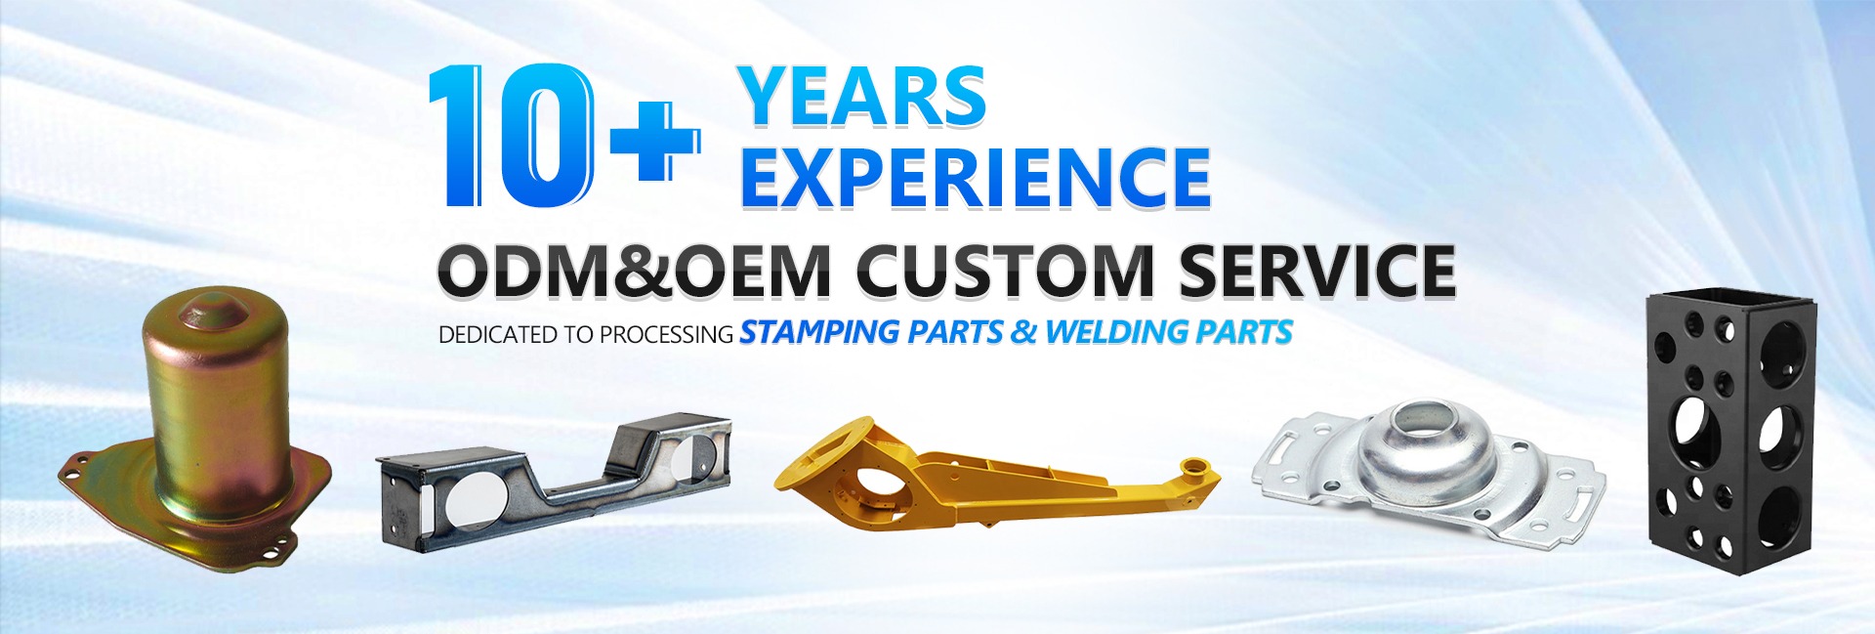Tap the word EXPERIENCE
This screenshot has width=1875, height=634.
tap(976, 178)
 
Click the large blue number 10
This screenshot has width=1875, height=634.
tap(511, 136)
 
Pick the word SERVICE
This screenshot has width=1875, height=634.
tap(1317, 270)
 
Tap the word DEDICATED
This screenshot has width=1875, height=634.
tap(497, 335)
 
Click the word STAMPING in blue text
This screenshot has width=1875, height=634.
tap(819, 333)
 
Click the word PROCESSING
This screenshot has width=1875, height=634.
tap(666, 335)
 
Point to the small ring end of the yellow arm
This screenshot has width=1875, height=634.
tap(1197, 466)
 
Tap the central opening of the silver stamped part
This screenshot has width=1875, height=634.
tap(1426, 420)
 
